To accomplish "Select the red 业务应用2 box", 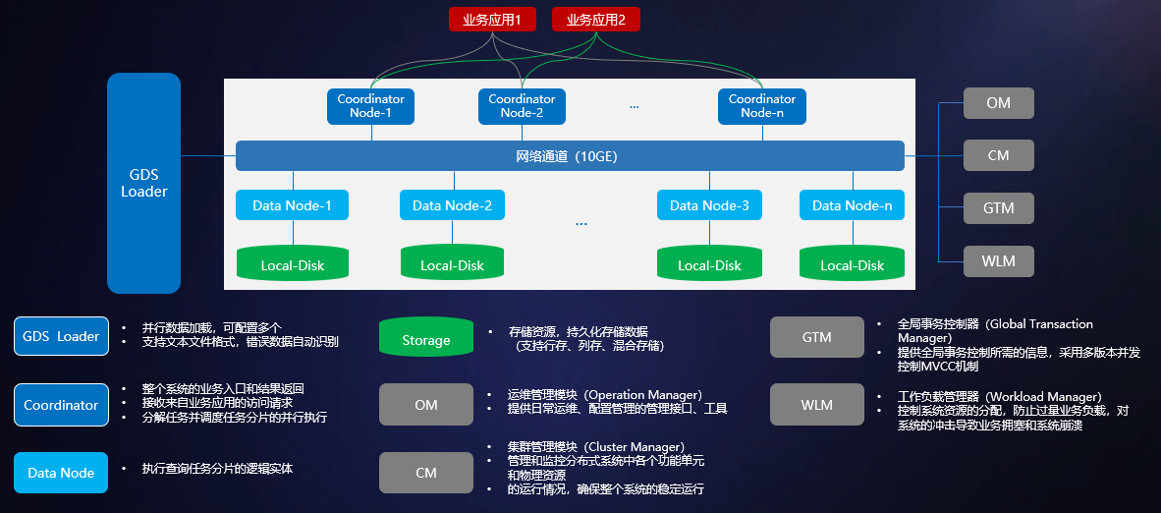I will tap(595, 19).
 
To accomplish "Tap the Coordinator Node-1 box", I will tap(370, 106).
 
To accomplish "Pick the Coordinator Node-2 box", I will tap(522, 106).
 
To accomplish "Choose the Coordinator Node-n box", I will tap(761, 106).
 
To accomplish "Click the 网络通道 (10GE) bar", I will tap(570, 156).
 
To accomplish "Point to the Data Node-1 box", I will tap(292, 205).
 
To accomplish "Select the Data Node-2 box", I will tap(452, 205).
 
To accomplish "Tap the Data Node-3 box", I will tap(709, 205).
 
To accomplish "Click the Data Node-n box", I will tap(852, 205).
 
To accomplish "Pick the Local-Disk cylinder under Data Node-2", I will tap(452, 263).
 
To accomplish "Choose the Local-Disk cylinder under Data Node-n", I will tap(852, 263).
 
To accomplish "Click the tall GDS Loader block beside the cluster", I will tap(143, 183).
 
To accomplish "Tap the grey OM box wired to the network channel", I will tap(998, 103).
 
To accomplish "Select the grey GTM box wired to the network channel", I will tap(998, 208).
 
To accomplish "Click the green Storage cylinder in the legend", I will tap(426, 339).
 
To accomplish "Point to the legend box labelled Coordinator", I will tap(61, 405).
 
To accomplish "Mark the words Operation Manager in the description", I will tap(644, 396).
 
